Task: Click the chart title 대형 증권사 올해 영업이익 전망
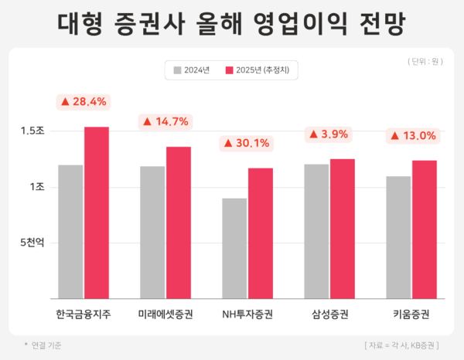pos(232,23)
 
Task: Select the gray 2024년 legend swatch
pos(178,70)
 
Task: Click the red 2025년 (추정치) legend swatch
pos(229,70)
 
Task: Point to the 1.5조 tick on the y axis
pos(32,131)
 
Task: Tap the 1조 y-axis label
pos(36,187)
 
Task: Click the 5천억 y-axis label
pos(32,242)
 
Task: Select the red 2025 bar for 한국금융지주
pos(97,212)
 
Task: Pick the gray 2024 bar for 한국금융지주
pos(70,231)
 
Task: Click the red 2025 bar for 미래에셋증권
pos(179,222)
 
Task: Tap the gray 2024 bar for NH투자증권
pos(234,248)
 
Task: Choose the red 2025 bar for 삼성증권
pos(343,228)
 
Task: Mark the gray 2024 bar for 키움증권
pos(398,236)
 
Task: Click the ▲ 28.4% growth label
pos(84,101)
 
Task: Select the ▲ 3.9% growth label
pos(329,134)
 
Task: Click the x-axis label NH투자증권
pos(247,314)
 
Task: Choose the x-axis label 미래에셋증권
pos(165,314)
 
